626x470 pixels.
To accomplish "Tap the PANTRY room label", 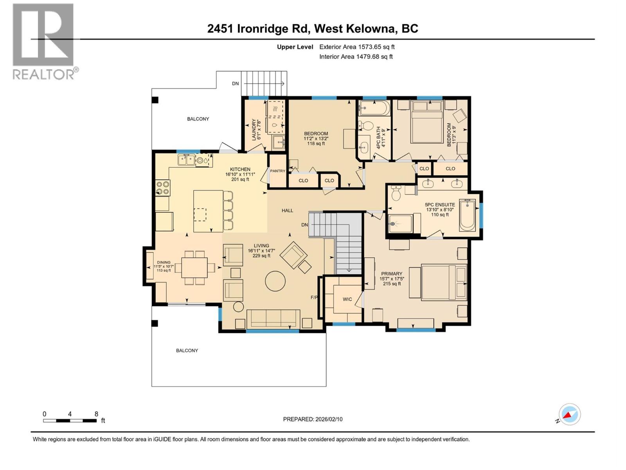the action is click(x=277, y=171).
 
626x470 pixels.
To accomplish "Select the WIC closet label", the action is click(x=347, y=299).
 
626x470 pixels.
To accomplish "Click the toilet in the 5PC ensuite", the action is click(x=396, y=193).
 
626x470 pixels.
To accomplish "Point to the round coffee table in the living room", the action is click(x=275, y=281).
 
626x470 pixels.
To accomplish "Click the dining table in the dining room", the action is click(x=194, y=268).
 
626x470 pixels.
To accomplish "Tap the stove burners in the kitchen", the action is click(x=162, y=188).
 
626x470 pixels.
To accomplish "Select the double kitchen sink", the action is click(x=186, y=160).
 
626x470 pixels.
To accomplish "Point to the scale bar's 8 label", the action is click(x=96, y=414).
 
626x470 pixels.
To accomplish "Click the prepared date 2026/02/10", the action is click(x=329, y=419).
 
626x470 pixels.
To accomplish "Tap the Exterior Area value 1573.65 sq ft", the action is click(x=376, y=47).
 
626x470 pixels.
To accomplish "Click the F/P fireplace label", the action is click(x=314, y=297).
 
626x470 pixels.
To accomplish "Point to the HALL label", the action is click(x=288, y=211).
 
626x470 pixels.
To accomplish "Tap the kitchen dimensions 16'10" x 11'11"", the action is click(x=240, y=174).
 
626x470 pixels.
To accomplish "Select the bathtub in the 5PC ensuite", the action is click(x=468, y=215).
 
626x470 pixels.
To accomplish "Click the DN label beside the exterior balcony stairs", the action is click(x=235, y=83).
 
